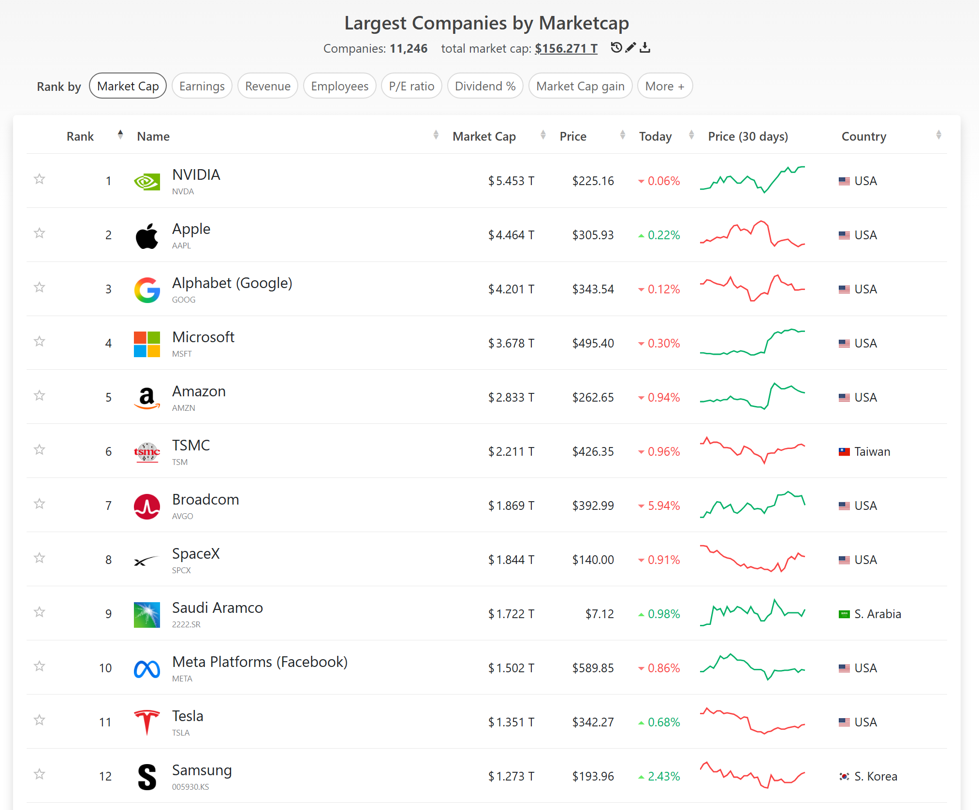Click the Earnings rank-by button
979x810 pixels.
click(202, 86)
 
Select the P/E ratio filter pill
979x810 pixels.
click(411, 86)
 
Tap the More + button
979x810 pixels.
click(665, 86)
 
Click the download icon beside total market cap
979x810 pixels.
click(645, 47)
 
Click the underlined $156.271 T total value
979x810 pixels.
click(566, 48)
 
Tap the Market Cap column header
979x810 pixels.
click(484, 136)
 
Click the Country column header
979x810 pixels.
click(864, 136)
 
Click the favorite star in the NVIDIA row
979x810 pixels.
click(40, 179)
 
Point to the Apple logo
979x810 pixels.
click(147, 236)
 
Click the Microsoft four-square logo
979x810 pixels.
click(147, 344)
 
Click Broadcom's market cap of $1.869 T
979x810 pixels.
click(511, 506)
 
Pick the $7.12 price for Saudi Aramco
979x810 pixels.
click(599, 614)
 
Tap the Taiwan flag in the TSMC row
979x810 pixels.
click(844, 452)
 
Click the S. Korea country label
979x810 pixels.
click(876, 776)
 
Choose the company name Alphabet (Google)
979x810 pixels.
click(232, 283)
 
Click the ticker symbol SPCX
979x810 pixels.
click(181, 570)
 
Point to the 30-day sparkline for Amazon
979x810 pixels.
click(752, 396)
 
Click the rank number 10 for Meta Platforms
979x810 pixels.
click(105, 668)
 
